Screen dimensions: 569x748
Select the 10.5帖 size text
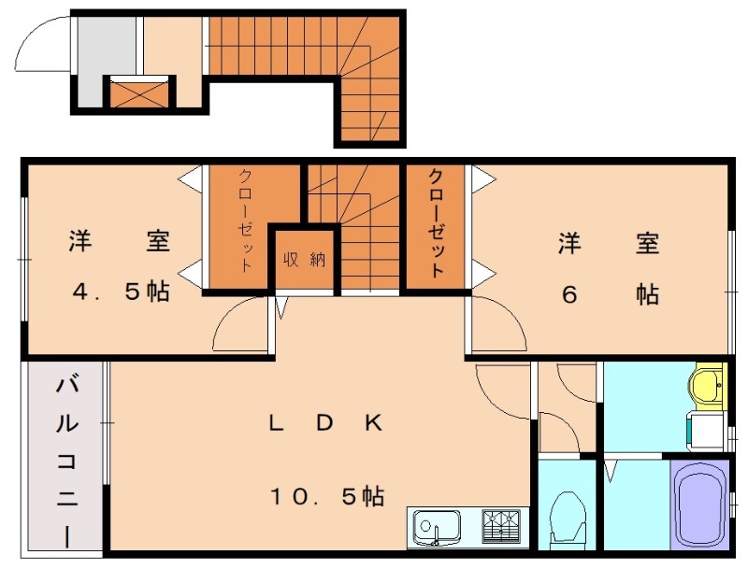327,496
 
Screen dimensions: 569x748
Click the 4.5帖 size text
121,292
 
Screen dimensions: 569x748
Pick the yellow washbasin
707,386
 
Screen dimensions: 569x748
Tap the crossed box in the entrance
137,92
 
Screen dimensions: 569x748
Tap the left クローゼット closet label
245,220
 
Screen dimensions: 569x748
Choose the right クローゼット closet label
436,223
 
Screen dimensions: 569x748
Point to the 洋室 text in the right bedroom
609,245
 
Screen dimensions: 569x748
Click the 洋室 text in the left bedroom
119,241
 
